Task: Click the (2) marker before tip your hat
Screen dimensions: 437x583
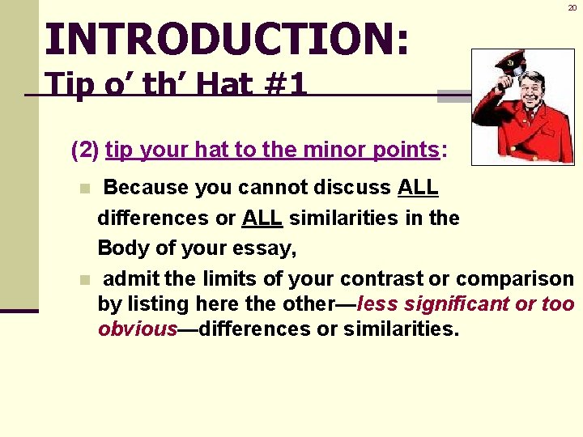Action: pyautogui.click(x=86, y=150)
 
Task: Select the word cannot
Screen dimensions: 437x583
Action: pyautogui.click(x=262, y=188)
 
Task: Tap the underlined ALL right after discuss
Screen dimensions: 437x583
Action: pyautogui.click(x=418, y=188)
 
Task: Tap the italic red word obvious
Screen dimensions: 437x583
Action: pyautogui.click(x=137, y=329)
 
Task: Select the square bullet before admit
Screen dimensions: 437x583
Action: pyautogui.click(x=84, y=280)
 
